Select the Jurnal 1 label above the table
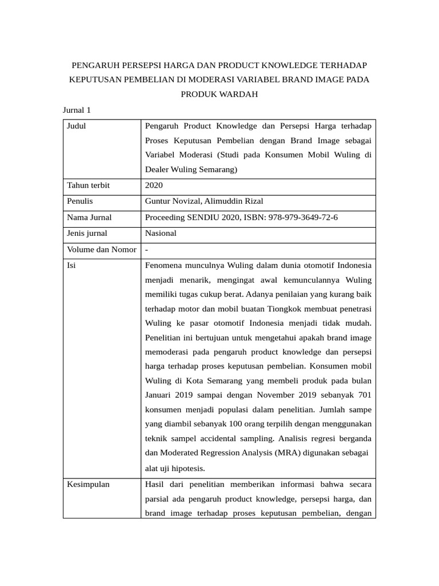tap(77, 110)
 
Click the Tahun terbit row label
tap(88, 185)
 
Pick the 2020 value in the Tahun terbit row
tap(154, 185)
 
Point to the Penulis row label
tap(80, 201)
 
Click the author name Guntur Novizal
tap(170, 201)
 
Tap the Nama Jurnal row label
tap(89, 217)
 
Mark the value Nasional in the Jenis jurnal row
tap(161, 233)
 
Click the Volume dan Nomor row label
tap(101, 250)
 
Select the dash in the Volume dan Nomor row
tap(147, 250)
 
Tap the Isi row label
tap(71, 266)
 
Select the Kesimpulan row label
tap(88, 484)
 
